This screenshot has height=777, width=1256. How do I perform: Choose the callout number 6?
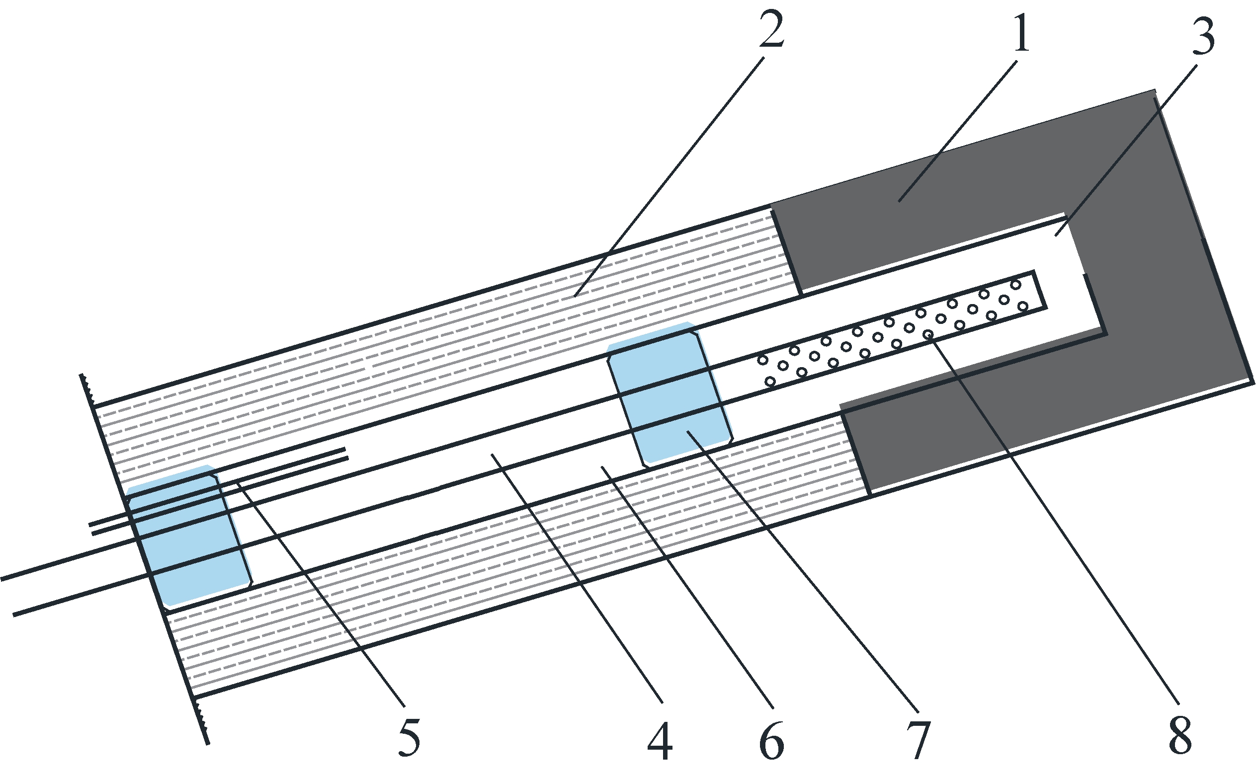click(x=771, y=741)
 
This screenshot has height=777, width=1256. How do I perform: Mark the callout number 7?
click(x=918, y=741)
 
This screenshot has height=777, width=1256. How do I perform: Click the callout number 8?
click(x=1180, y=736)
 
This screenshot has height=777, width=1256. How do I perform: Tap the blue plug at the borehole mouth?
click(x=189, y=536)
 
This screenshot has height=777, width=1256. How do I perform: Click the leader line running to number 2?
click(x=669, y=176)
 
